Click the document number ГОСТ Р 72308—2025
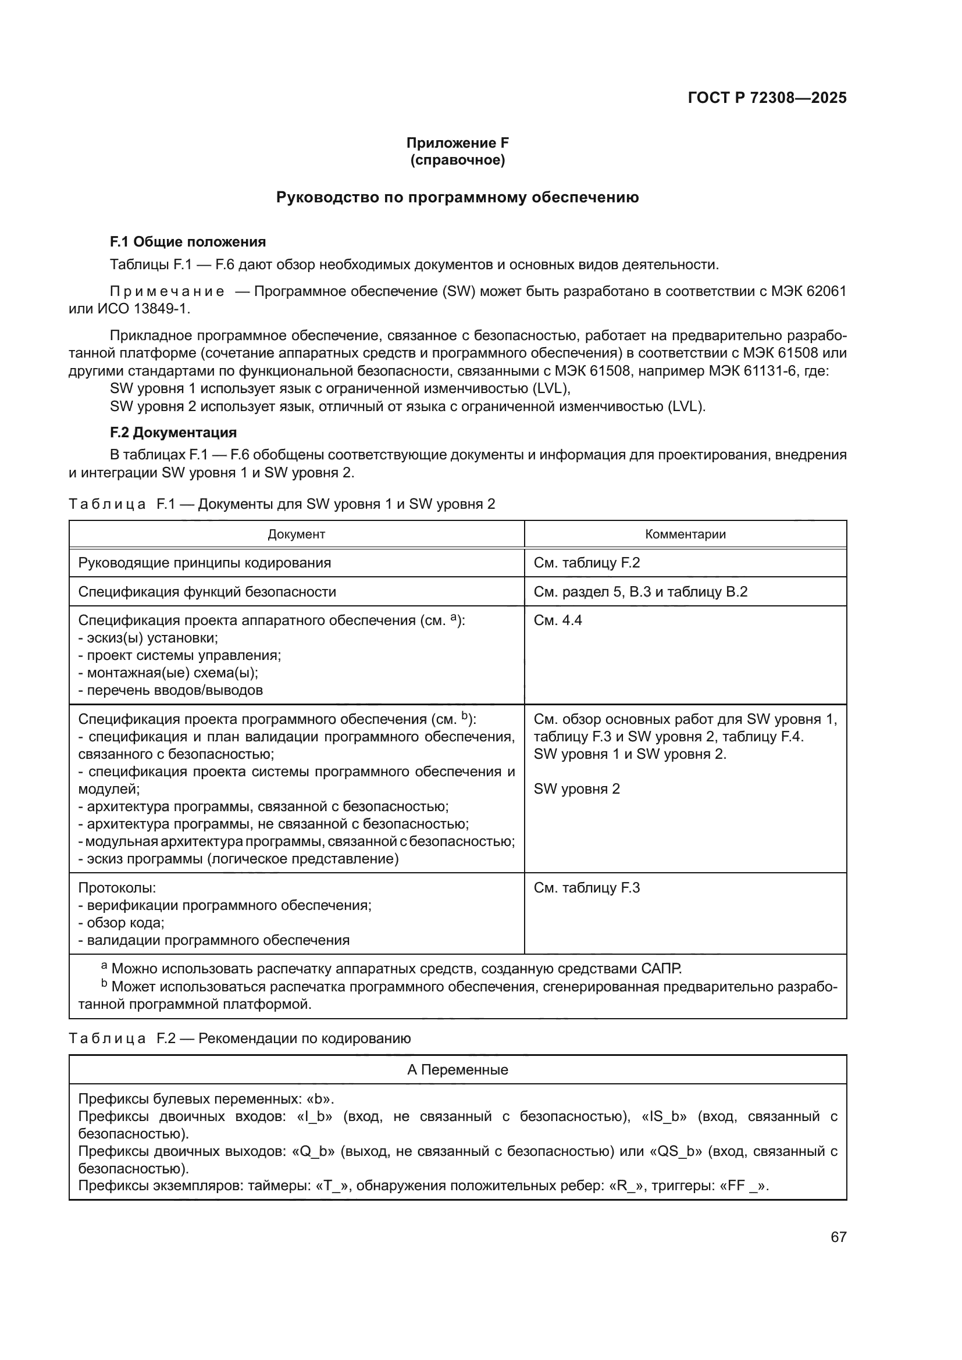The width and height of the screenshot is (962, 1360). (x=767, y=98)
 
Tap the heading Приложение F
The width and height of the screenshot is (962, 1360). (x=457, y=143)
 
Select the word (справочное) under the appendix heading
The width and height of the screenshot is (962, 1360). (x=457, y=160)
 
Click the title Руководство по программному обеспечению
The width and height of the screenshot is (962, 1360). (x=457, y=197)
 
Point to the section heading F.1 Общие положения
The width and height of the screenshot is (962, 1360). (x=188, y=242)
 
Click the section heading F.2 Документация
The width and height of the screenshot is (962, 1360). (x=173, y=433)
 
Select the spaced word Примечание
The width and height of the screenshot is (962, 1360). (x=167, y=291)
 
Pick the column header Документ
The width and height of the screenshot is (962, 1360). (x=296, y=534)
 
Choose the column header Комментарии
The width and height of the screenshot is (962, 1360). (x=685, y=534)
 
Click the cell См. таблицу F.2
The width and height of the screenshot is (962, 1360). (x=586, y=563)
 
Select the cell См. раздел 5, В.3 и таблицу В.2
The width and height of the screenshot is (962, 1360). (x=640, y=592)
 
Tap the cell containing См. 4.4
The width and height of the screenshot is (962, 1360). (x=557, y=620)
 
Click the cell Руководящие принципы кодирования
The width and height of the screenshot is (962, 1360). (x=204, y=563)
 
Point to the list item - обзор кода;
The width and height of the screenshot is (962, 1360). (x=122, y=923)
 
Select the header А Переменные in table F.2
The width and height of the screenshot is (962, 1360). (x=457, y=1070)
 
